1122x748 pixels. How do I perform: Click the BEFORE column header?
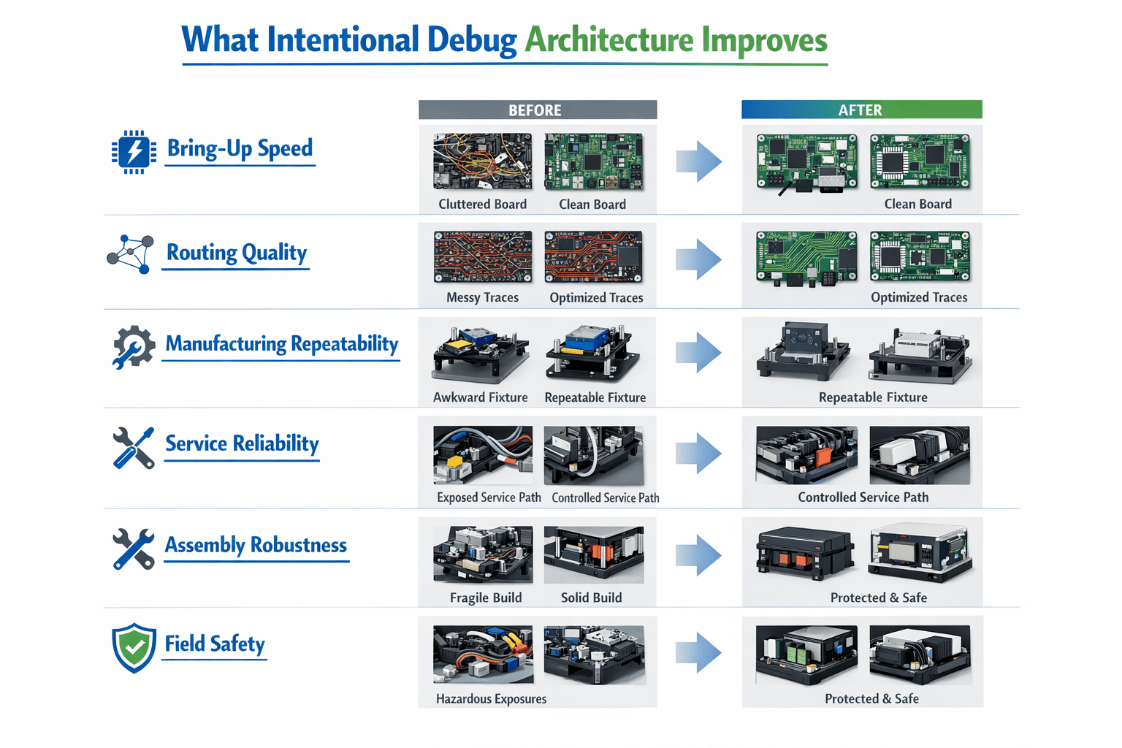538,110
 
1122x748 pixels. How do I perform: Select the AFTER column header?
861,110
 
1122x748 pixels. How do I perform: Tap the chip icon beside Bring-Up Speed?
134,152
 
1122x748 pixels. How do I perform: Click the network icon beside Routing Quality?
130,254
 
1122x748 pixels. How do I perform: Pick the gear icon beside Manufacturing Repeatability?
133,347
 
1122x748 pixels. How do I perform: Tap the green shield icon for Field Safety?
134,648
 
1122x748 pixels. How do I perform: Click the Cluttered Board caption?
482,205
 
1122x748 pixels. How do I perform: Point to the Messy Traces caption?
482,297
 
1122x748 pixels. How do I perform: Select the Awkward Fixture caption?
481,397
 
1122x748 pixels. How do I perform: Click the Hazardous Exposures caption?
491,699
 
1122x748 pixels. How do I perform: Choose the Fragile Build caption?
486,598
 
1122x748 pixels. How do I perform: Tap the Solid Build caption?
592,598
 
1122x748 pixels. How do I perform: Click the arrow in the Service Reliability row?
699,454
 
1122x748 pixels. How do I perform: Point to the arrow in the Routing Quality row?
699,259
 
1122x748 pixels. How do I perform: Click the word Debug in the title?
472,41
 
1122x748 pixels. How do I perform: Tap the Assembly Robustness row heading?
256,545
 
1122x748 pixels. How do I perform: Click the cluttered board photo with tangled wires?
483,161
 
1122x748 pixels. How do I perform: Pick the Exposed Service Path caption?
489,497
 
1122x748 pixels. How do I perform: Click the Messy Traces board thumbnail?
483,257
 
